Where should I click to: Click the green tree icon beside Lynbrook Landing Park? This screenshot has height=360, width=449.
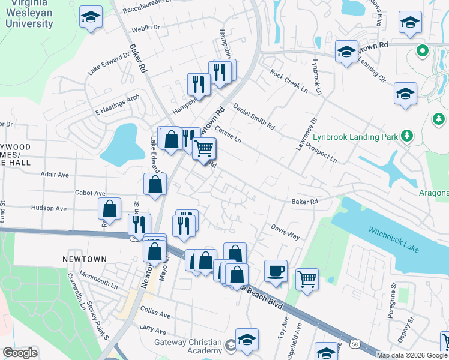[x=408, y=136]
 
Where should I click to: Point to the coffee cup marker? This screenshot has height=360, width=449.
[x=276, y=270]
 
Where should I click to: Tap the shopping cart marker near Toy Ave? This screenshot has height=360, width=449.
[x=307, y=278]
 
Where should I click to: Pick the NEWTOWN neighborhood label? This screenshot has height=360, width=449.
[x=85, y=259]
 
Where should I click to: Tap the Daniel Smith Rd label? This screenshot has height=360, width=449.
[x=253, y=117]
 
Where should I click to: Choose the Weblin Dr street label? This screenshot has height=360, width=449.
[x=146, y=28]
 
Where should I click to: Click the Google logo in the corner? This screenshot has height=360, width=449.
[x=20, y=353]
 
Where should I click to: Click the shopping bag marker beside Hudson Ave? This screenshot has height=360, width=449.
[x=110, y=209]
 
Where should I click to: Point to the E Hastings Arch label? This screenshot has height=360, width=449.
[x=117, y=104]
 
